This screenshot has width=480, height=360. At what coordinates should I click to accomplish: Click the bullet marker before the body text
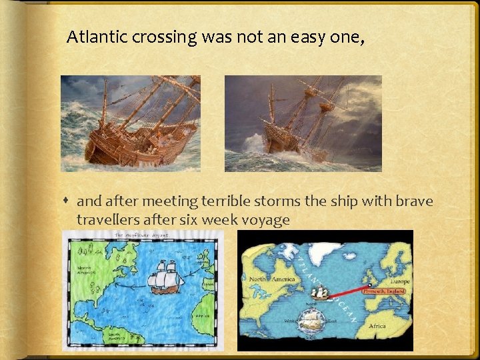(68, 201)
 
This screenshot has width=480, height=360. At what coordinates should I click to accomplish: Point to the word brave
(409, 201)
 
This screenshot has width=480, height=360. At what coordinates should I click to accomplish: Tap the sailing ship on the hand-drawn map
(165, 277)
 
